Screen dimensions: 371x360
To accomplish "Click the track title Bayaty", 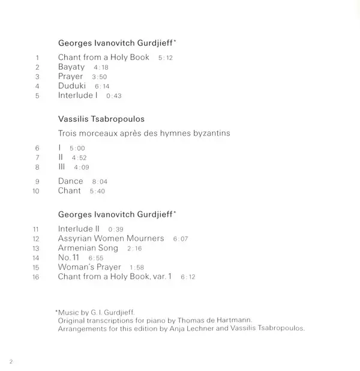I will click(71, 67).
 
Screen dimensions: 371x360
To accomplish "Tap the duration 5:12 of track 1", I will click(165, 58).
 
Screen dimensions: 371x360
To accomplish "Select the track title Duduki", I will click(72, 86).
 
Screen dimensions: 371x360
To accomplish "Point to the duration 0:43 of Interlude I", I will click(113, 96).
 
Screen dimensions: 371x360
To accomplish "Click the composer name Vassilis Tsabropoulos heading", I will click(101, 120).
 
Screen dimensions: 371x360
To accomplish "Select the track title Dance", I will click(71, 181).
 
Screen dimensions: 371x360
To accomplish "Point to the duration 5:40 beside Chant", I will click(97, 192).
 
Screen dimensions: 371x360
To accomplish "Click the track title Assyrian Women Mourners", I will click(111, 238).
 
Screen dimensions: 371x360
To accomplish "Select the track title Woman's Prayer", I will click(90, 267).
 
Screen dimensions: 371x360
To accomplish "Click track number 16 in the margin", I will click(35, 277).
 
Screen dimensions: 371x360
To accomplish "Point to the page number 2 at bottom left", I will click(11, 360).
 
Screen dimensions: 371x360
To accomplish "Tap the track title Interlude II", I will click(79, 229).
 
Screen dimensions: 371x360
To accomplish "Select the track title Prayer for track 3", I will click(71, 77).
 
